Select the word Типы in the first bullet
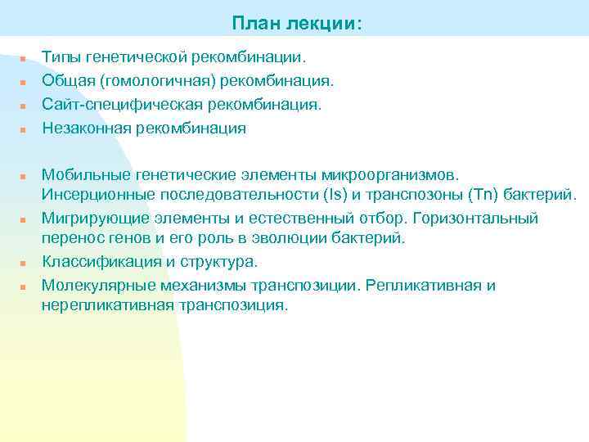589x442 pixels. pyautogui.click(x=61, y=57)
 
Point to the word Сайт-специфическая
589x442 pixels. pyautogui.click(x=115, y=105)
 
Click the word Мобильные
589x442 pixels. pyautogui.click(x=84, y=174)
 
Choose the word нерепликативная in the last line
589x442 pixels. pyautogui.click(x=106, y=305)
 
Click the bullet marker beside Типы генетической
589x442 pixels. pyautogui.click(x=25, y=60)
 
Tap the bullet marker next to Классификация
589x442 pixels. pyautogui.click(x=25, y=264)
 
